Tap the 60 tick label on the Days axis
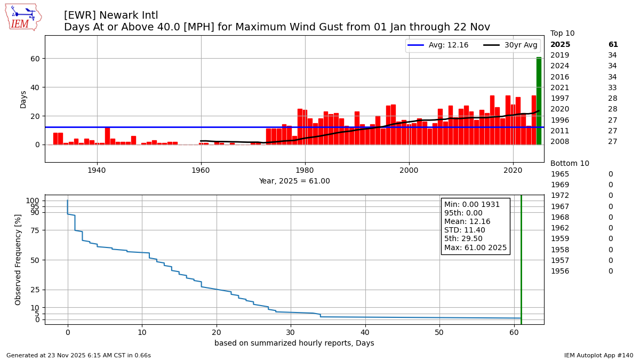point(35,59)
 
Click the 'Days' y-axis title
point(23,99)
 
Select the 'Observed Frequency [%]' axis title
point(18,259)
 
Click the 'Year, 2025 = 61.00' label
point(294,181)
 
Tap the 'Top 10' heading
point(562,34)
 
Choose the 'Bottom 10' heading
point(570,164)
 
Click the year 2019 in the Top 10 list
point(559,55)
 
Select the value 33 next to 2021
point(612,88)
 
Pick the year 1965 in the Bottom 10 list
point(559,174)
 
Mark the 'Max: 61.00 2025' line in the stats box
point(475,248)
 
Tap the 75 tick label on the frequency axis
point(35,230)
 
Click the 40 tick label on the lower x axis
point(365,332)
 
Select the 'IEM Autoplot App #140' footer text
point(598,355)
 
